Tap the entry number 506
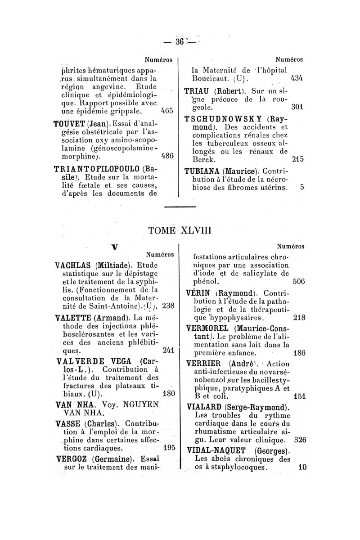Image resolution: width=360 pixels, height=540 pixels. click(x=298, y=282)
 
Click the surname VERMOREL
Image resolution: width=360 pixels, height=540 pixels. click(x=212, y=328)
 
